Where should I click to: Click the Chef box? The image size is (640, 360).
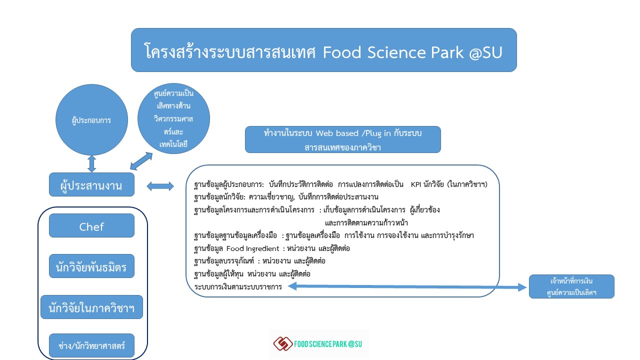91,225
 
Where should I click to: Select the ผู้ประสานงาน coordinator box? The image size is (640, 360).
91,184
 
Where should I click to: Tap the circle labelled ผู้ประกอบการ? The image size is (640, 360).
91,119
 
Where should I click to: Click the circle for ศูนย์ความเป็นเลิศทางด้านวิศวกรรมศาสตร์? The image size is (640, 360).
173,118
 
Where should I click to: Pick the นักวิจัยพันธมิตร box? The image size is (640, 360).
91,266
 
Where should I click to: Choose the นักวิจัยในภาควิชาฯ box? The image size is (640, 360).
91,307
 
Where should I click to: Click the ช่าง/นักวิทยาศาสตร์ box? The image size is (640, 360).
91,345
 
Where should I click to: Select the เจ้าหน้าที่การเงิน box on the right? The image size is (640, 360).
571,286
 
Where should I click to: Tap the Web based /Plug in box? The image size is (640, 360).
343,139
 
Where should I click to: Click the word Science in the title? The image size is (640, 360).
396,52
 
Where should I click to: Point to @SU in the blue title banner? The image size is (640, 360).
485,52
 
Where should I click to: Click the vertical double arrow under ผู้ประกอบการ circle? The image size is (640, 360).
91,164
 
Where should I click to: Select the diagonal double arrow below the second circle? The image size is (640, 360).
141,161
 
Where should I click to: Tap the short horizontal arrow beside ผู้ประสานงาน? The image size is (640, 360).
160,186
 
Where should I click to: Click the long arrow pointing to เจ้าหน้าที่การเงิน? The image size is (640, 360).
407,286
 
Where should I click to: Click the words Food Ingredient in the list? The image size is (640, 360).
252,248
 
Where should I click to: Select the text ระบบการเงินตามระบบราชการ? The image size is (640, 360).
238,286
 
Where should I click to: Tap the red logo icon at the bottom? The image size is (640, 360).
283,343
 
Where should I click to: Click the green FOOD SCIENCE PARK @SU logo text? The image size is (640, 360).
328,344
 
